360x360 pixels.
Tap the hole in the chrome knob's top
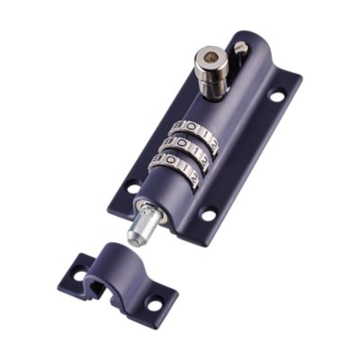[210, 58]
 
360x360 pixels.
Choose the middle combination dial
[187, 146]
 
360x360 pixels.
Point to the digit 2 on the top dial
[211, 135]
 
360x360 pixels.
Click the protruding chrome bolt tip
[138, 236]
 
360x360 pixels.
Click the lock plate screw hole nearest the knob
[277, 94]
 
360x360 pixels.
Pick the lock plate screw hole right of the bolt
[209, 215]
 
